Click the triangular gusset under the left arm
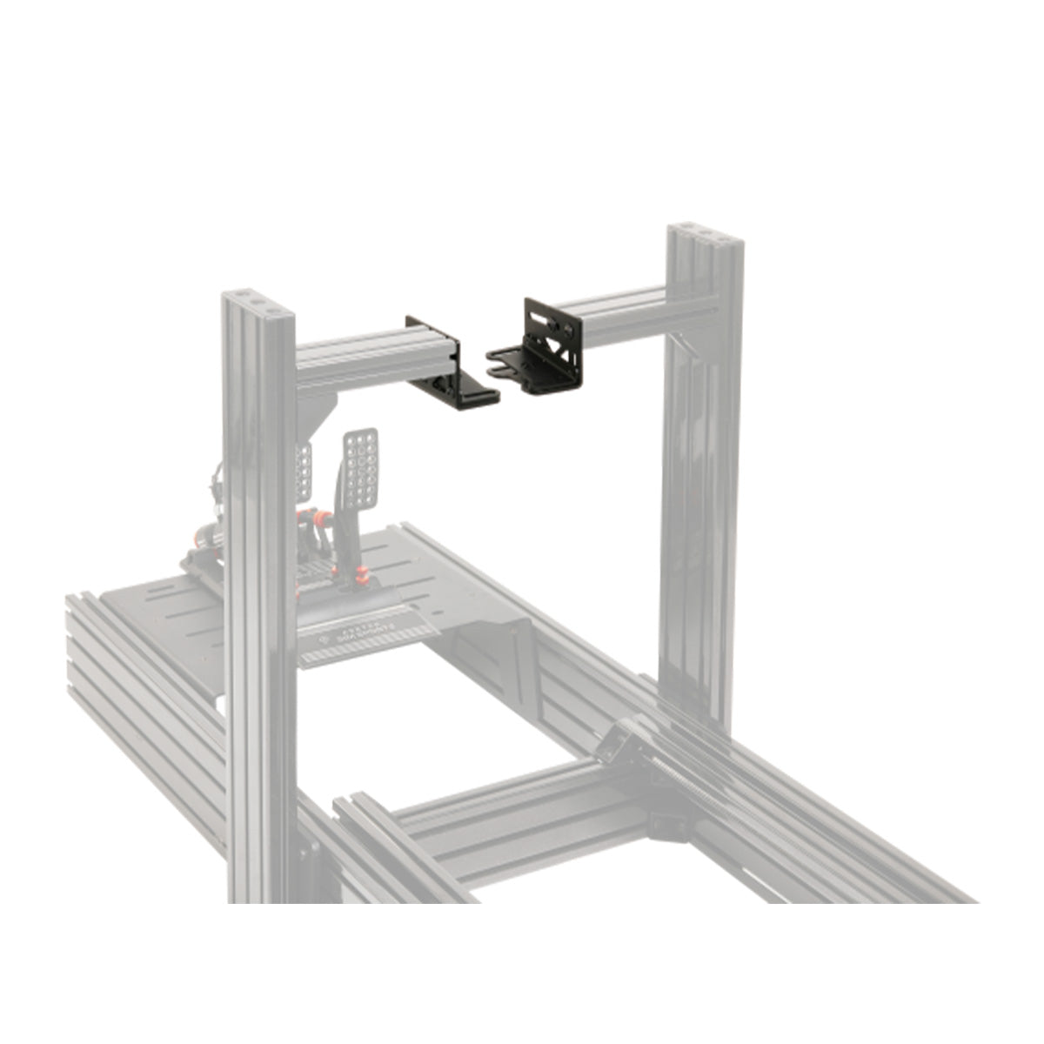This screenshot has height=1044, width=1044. (318, 418)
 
